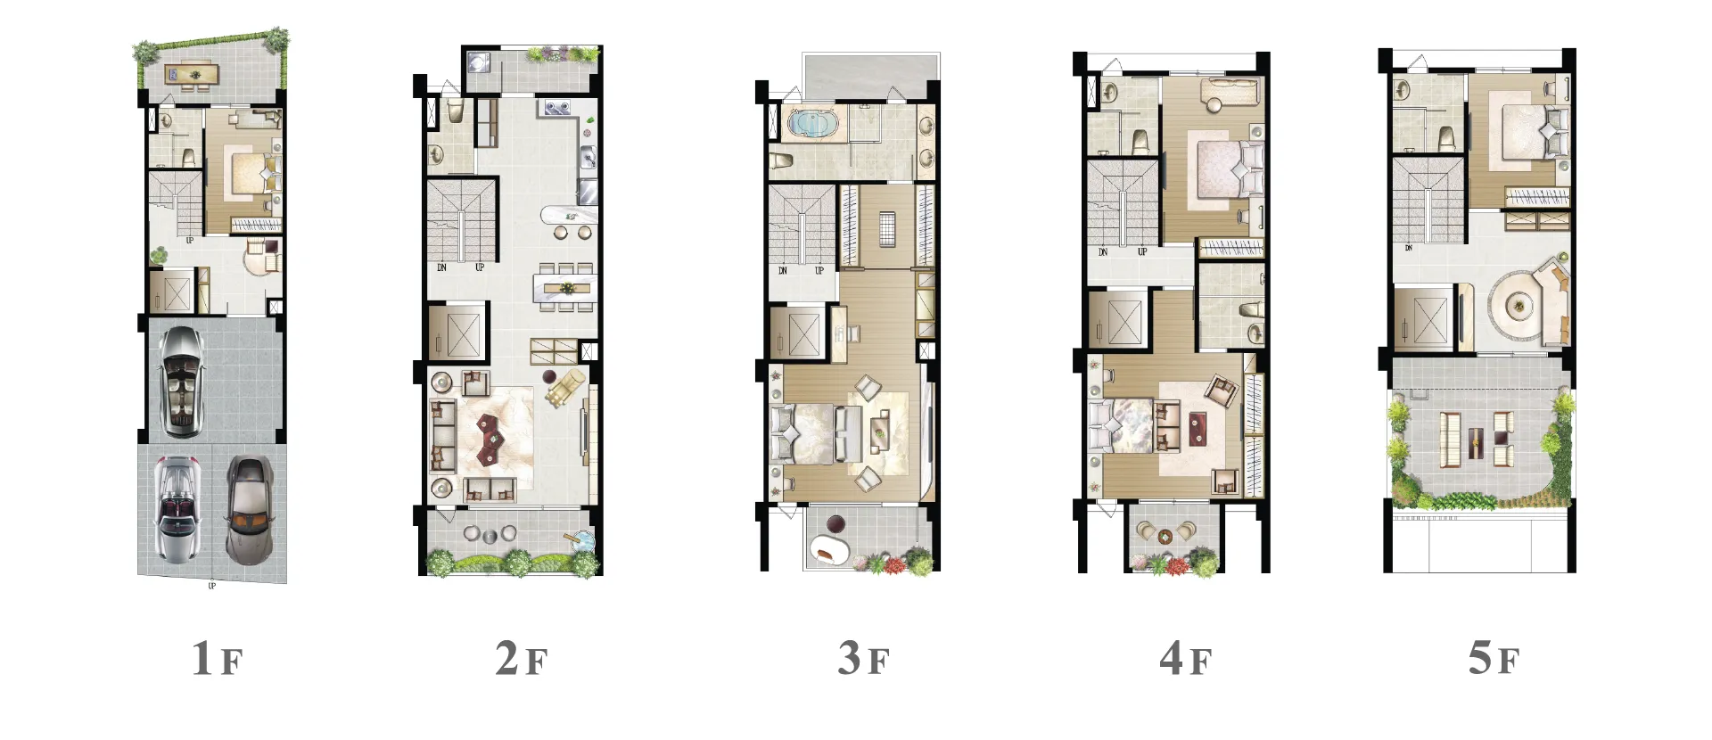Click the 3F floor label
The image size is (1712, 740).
[863, 659]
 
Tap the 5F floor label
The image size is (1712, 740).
[1493, 659]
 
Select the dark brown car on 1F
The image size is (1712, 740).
[249, 511]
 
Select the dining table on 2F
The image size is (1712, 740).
[564, 287]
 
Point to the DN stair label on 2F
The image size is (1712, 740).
[441, 267]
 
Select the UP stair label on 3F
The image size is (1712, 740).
[819, 270]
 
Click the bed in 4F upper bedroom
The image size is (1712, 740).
[1223, 169]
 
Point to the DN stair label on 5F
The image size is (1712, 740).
[1408, 247]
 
